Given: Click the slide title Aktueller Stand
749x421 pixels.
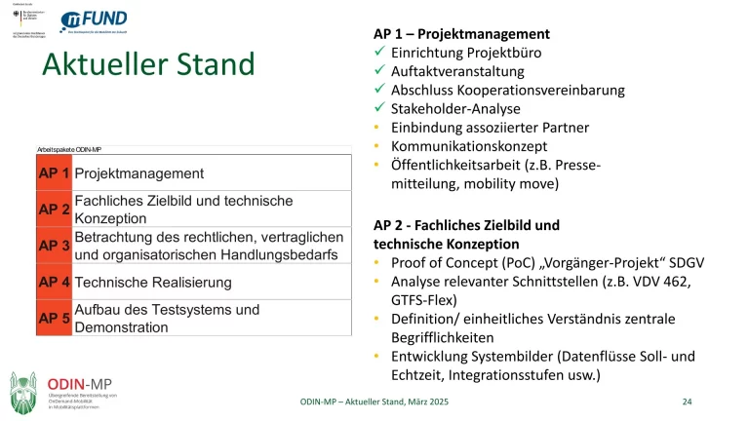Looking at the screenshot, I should (x=148, y=65).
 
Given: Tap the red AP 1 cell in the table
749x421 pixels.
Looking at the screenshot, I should (x=53, y=173).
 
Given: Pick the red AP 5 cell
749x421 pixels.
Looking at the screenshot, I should (x=53, y=319).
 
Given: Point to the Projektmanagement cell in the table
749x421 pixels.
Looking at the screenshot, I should (x=139, y=173).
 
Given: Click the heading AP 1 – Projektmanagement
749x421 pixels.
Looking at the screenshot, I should (x=462, y=33).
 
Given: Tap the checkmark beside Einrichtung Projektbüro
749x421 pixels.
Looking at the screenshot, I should (x=380, y=53).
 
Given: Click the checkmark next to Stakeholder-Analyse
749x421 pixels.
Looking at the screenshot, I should (x=380, y=108).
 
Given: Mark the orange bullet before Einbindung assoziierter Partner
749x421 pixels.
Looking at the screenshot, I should (x=378, y=127).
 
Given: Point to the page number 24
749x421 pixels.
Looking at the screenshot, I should (x=687, y=402).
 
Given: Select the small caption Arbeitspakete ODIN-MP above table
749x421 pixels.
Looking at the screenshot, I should (x=69, y=149).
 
